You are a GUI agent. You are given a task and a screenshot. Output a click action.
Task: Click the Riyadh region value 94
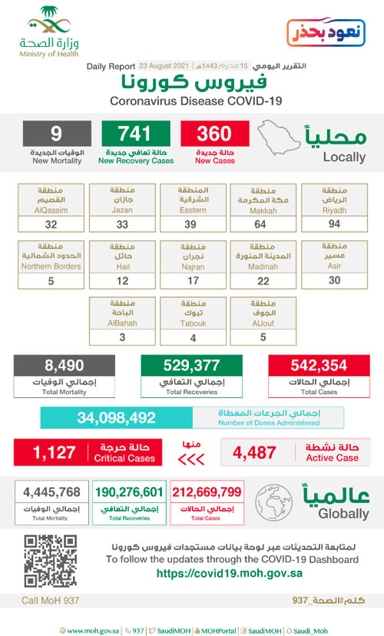[333, 224]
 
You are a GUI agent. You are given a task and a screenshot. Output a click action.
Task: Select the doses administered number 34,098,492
[116, 418]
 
